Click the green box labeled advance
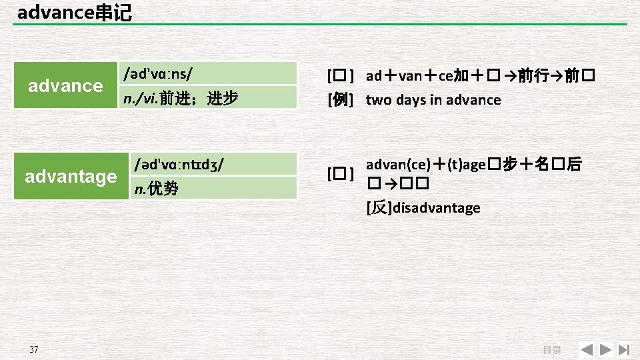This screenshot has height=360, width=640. coord(65,85)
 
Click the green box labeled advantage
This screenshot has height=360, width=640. coord(70,177)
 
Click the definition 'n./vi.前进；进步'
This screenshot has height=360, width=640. coord(181,99)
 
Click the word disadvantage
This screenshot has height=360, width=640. coord(437,208)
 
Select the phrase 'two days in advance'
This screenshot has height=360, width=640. coord(433,100)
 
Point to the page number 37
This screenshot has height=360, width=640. coord(34,349)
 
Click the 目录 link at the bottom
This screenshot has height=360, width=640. coord(551,349)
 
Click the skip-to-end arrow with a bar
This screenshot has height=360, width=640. coord(624,349)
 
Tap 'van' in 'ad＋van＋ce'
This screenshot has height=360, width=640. coord(411,76)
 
